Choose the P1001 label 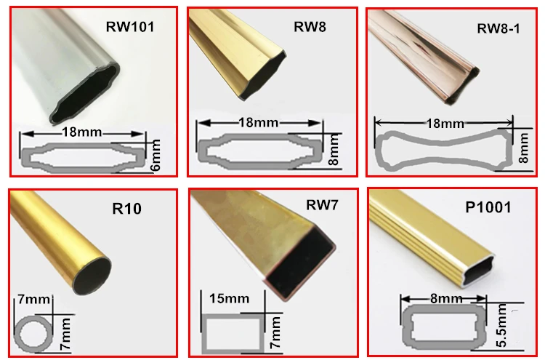pos(488,207)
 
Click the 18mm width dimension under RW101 pos(81,132)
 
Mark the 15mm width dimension pos(227,298)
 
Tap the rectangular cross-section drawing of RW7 pos(230,331)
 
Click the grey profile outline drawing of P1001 pos(443,325)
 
